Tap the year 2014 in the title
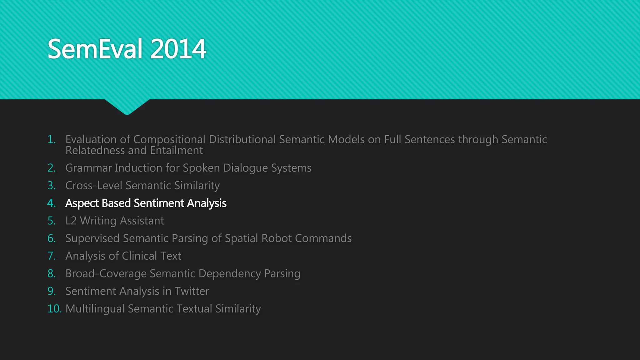click(178, 49)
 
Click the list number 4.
click(51, 203)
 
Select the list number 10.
click(54, 309)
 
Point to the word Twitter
click(192, 291)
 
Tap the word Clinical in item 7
click(139, 256)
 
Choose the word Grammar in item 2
click(88, 168)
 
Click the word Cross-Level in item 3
click(94, 186)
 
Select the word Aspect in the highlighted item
click(82, 203)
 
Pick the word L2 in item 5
click(71, 221)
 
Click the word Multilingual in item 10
click(95, 309)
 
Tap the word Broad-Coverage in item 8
click(106, 274)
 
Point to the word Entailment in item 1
click(176, 151)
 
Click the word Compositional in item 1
click(169, 139)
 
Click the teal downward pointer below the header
click(127, 107)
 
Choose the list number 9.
click(51, 291)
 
